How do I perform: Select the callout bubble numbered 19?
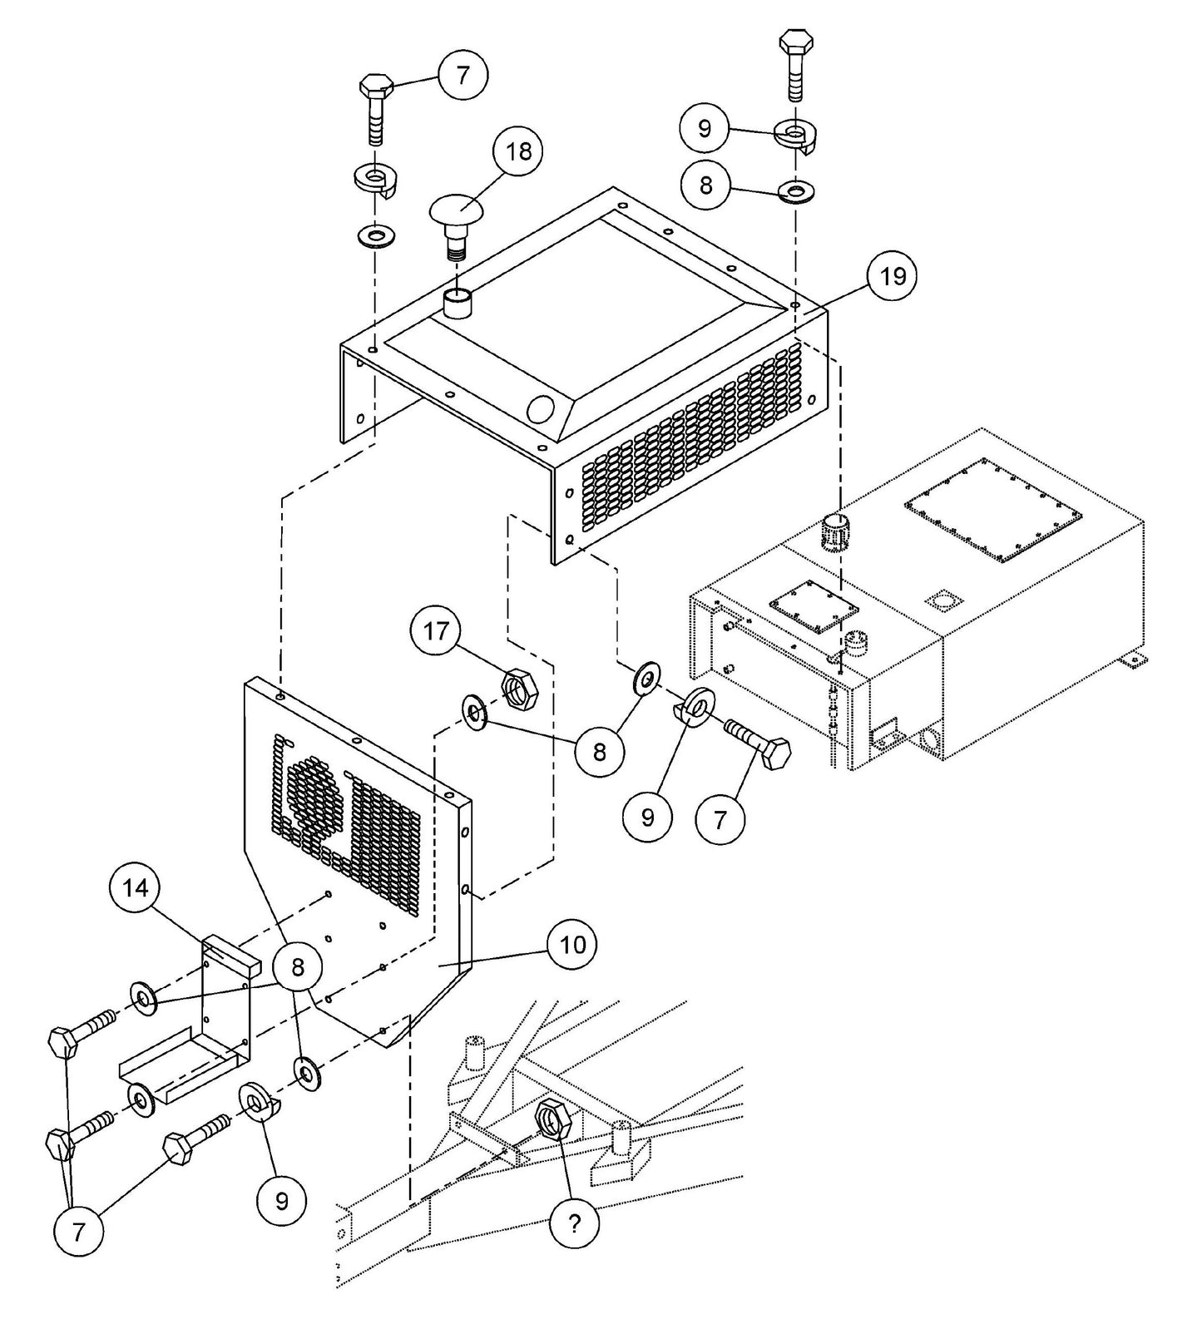click(x=893, y=276)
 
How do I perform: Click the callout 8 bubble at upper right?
click(x=706, y=184)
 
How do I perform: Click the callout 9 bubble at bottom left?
click(x=281, y=1200)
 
